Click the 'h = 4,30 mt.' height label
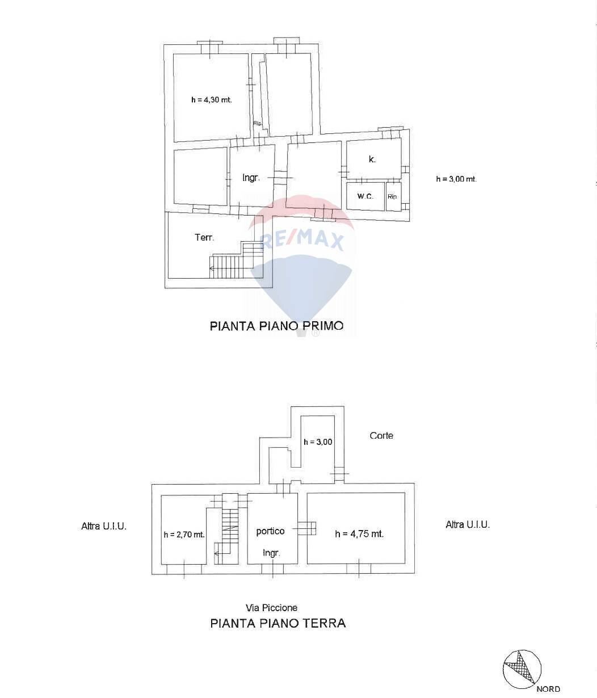coord(211,99)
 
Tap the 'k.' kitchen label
coord(372,159)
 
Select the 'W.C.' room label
coord(365,196)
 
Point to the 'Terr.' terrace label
coord(204,237)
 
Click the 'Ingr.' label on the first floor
coord(251,178)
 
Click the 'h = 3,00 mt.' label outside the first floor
coord(456,179)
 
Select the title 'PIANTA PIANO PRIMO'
coord(276,326)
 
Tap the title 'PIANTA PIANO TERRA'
coord(278,623)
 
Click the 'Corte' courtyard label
coord(381,436)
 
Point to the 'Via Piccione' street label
coord(271,608)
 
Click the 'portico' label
coord(270,531)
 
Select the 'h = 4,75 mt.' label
coord(359,534)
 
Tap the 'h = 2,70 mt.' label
coord(184,535)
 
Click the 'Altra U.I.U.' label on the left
coord(104,526)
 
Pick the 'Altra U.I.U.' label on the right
coord(468,525)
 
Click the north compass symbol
coord(522,669)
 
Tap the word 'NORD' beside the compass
coord(548,689)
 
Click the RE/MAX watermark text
coord(302,239)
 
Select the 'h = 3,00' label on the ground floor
coord(318,442)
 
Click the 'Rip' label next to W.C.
coord(392,197)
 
